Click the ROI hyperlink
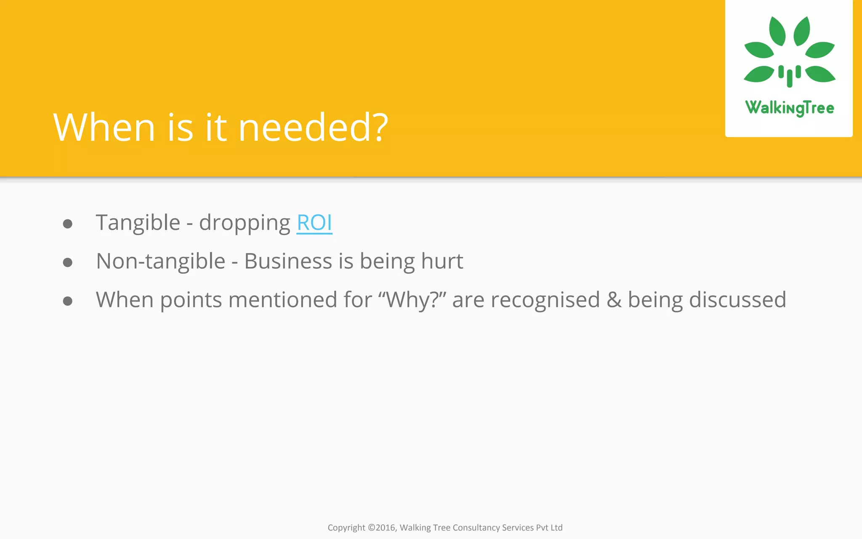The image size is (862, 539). point(314,223)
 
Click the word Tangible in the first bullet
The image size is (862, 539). point(138,223)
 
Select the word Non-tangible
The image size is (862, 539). point(161,261)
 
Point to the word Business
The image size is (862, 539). point(288,261)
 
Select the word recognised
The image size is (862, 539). point(545,300)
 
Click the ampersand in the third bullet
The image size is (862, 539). point(614,300)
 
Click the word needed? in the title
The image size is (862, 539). point(313,127)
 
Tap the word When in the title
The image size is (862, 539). point(104,127)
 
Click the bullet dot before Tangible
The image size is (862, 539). point(67,224)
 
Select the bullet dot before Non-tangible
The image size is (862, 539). point(67,262)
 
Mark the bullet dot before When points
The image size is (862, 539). point(67,301)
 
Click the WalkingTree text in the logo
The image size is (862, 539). point(789,108)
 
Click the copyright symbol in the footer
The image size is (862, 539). point(371,528)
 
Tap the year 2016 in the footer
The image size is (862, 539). point(385,528)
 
